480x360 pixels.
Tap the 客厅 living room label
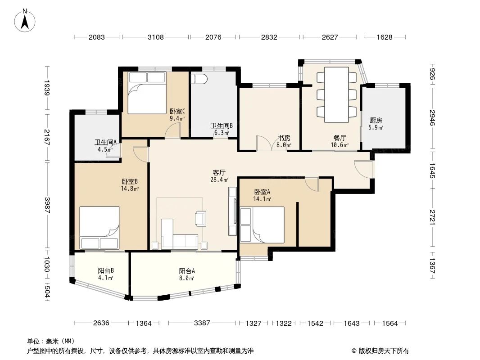tap(219, 172)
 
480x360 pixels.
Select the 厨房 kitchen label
tap(376, 121)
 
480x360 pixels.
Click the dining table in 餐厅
tap(336, 94)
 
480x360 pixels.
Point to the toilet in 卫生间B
tap(199, 79)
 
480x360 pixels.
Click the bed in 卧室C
tap(147, 92)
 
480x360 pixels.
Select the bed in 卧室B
tap(100, 228)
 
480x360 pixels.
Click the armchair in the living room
tap(200, 218)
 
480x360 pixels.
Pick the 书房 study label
tap(284, 138)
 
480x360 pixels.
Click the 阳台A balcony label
tap(187, 271)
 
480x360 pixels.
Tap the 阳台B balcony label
tap(105, 271)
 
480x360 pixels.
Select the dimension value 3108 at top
tap(156, 37)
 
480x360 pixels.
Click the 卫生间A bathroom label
tap(105, 142)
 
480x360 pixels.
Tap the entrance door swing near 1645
tap(363, 168)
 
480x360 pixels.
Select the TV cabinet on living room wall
tap(233, 211)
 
